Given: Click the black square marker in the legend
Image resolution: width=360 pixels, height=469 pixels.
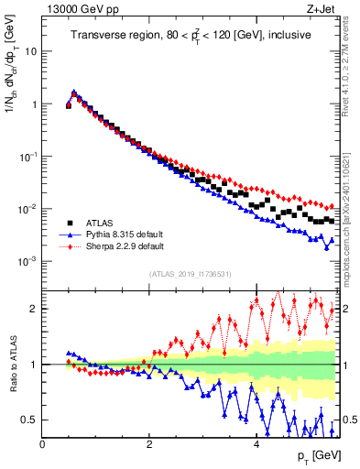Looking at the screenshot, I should click(x=70, y=222).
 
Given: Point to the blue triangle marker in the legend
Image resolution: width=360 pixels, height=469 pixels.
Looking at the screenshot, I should click(x=70, y=234).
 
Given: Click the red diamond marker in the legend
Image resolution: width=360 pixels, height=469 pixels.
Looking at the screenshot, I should click(x=70, y=245).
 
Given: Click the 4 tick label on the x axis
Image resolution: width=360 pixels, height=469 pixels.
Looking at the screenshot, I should click(x=256, y=444).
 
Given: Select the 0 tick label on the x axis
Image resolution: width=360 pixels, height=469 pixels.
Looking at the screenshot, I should click(x=43, y=444).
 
